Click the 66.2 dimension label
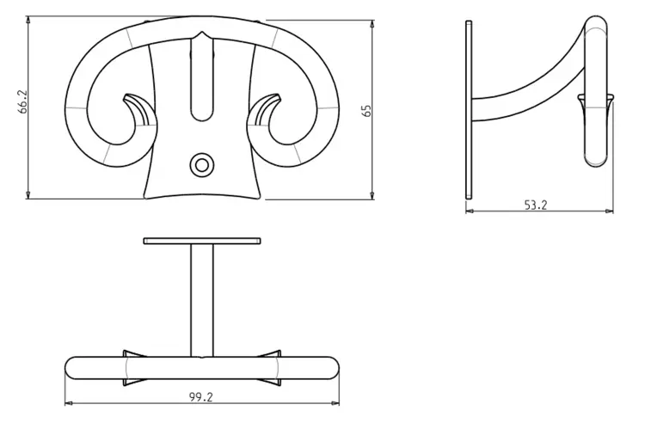coord(22,101)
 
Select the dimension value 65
coord(367,111)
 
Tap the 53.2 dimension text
coord(536,205)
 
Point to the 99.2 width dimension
coord(201,397)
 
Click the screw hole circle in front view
coord(201,165)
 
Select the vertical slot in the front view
coord(201,78)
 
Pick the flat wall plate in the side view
coord(469,110)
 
